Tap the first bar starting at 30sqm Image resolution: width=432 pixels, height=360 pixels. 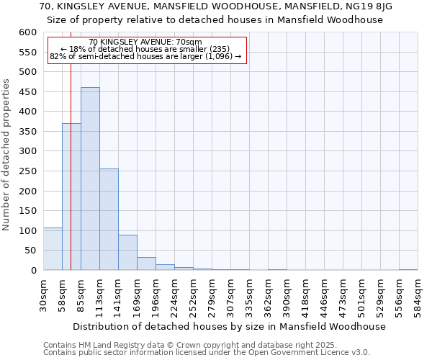tap(53, 249)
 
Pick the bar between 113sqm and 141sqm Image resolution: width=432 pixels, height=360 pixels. tap(109, 220)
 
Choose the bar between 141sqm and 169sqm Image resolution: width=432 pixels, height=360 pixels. tap(127, 253)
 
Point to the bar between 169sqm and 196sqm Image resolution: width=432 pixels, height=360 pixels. tap(146, 264)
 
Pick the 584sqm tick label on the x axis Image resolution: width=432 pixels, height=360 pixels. tap(418, 294)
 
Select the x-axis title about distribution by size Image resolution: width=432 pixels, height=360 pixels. tap(230, 326)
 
